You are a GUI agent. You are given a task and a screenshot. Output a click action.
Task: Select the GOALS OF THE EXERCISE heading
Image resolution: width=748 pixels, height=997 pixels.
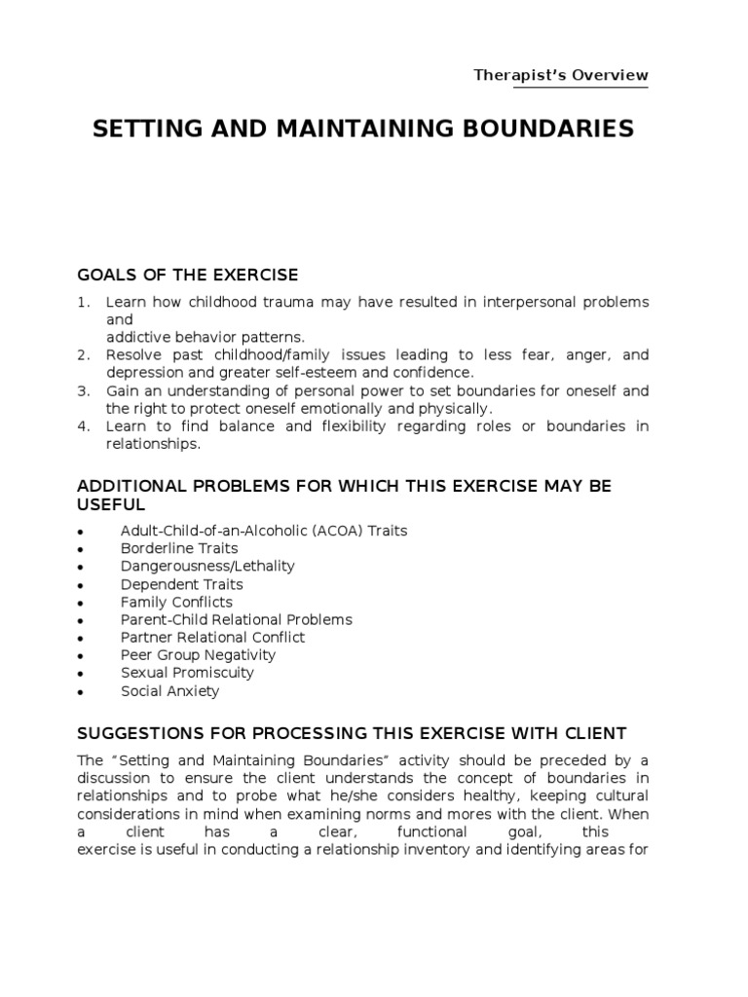(187, 275)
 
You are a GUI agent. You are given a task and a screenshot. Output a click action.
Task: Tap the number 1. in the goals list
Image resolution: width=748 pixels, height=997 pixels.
(83, 303)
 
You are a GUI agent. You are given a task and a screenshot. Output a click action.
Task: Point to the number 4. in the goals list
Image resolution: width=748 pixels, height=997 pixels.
(83, 426)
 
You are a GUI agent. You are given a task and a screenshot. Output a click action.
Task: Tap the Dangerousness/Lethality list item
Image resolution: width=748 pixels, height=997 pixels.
(207, 566)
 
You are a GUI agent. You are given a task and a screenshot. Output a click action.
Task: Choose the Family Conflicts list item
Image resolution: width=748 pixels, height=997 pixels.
(176, 602)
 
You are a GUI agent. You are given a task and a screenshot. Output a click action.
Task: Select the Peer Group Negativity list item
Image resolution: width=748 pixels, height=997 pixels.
(198, 655)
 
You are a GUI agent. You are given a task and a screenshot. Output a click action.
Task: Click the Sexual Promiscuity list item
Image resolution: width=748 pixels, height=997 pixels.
(187, 673)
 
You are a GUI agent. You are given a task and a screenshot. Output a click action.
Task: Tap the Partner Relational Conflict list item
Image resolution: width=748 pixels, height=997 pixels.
(212, 637)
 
